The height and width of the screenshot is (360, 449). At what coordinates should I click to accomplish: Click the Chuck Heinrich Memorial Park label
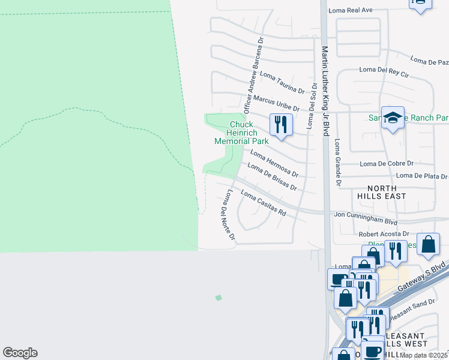[241, 133]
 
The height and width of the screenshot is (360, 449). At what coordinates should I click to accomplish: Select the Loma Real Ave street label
[351, 10]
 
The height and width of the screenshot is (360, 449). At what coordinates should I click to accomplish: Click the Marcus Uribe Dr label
[276, 103]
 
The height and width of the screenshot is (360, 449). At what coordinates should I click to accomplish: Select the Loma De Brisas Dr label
[273, 177]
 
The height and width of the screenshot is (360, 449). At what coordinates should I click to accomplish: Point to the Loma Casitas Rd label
[264, 203]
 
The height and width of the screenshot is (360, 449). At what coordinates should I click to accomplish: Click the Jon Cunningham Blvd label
[366, 214]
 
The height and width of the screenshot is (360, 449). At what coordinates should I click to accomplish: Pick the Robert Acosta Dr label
[384, 234]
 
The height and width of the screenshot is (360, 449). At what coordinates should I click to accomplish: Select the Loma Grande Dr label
[338, 162]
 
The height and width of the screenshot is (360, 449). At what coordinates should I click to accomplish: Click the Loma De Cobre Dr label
[387, 163]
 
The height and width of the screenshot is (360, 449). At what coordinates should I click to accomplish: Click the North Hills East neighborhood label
[381, 191]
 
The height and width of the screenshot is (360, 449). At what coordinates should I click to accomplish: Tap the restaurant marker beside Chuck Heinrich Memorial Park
[280, 125]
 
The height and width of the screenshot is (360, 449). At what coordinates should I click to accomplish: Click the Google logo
[20, 353]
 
